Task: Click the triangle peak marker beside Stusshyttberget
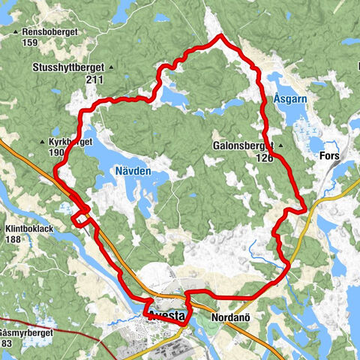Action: (111, 67)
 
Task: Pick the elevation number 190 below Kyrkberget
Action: (55, 152)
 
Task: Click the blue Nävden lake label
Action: (133, 171)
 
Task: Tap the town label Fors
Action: (329, 157)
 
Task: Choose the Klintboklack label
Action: (31, 228)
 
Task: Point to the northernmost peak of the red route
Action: (219, 36)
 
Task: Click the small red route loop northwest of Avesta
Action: (79, 216)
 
